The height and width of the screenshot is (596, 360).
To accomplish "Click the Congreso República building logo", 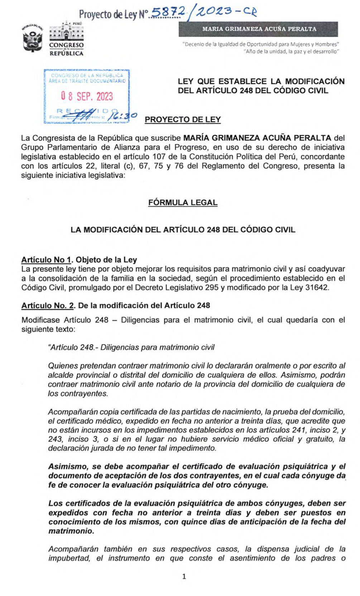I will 66,39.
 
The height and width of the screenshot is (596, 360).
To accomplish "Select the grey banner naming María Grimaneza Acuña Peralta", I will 258,29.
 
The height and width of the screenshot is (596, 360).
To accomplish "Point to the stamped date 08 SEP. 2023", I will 86,96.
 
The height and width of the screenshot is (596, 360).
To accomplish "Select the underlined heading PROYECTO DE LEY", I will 182,119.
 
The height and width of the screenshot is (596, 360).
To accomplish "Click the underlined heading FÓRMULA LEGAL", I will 183,202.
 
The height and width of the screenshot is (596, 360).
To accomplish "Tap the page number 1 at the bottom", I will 184,577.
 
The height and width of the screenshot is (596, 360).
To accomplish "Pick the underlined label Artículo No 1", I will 44,260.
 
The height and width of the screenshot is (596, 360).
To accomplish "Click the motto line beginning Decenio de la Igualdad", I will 260,44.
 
